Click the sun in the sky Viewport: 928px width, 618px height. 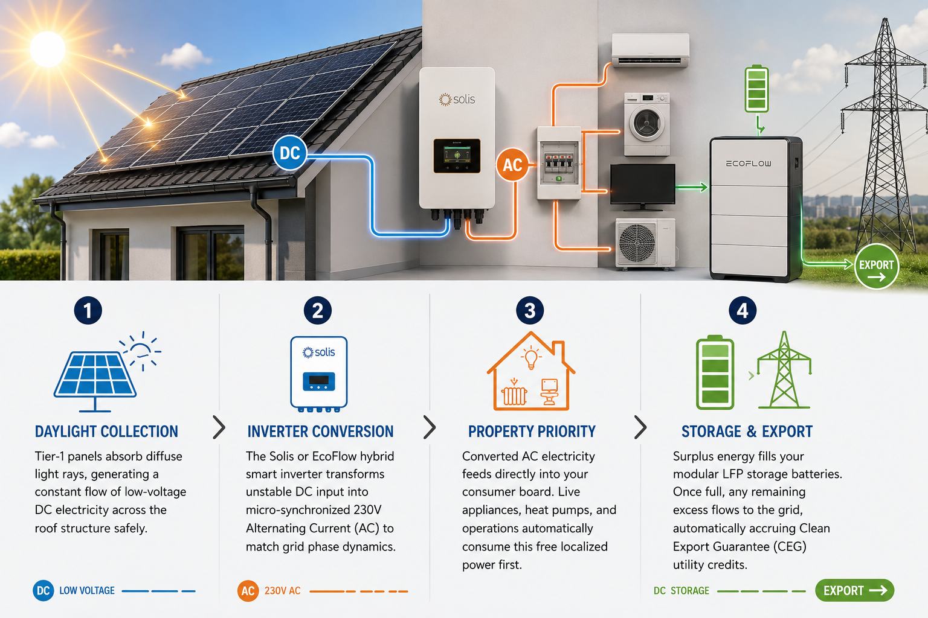[x=48, y=49]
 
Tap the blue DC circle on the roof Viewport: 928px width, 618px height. [x=290, y=153]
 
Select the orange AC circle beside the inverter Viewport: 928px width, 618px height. [x=512, y=165]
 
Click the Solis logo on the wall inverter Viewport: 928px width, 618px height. [x=457, y=100]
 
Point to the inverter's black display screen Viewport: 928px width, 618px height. [x=457, y=156]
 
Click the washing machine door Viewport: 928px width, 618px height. [x=646, y=123]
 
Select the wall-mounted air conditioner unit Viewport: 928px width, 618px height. [x=651, y=49]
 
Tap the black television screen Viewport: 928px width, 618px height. [x=643, y=184]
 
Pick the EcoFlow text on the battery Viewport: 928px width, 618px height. [x=749, y=164]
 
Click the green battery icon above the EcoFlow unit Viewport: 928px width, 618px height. [x=756, y=89]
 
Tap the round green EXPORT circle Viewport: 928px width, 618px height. [x=877, y=266]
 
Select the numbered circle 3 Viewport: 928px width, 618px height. [x=530, y=310]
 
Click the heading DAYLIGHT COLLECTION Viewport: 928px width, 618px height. [x=106, y=432]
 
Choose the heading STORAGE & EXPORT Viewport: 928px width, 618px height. [x=747, y=432]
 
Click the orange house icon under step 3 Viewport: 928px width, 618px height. [x=531, y=371]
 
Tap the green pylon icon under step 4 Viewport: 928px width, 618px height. [x=784, y=371]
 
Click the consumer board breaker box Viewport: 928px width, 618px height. [x=559, y=163]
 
